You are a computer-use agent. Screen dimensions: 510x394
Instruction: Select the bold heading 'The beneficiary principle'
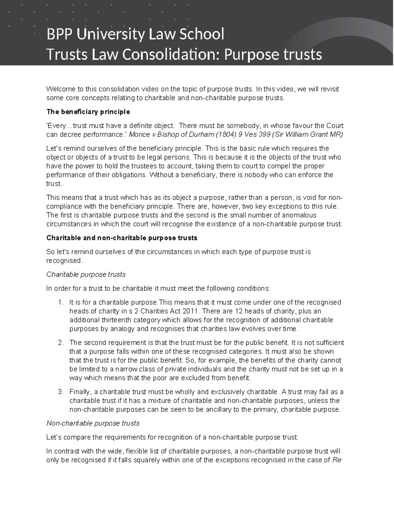click(x=88, y=112)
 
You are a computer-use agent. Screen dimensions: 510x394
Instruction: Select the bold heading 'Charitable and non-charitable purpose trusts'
click(x=122, y=238)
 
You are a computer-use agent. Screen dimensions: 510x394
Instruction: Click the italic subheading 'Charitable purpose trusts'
click(x=86, y=274)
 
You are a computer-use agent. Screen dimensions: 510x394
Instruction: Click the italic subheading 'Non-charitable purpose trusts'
click(x=93, y=423)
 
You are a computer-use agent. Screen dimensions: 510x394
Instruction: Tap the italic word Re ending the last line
click(x=337, y=460)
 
